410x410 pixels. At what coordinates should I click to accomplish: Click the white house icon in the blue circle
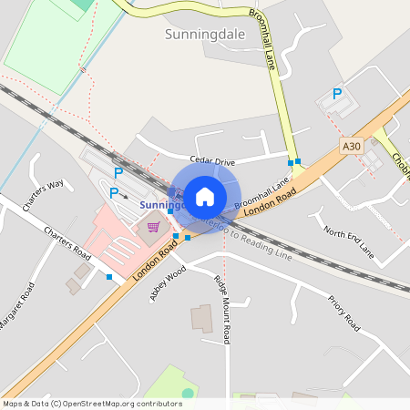pyautogui.click(x=205, y=196)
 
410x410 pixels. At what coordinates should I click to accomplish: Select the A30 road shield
pyautogui.click(x=352, y=146)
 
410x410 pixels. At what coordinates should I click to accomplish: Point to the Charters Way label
pyautogui.click(x=43, y=195)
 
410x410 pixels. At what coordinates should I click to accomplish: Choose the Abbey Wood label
pyautogui.click(x=169, y=282)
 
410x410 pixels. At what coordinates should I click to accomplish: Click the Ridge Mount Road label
pyautogui.click(x=221, y=309)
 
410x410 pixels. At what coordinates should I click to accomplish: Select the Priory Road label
pyautogui.click(x=344, y=313)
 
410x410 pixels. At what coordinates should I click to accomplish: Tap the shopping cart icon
pyautogui.click(x=154, y=227)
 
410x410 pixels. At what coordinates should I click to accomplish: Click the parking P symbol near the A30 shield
pyautogui.click(x=337, y=94)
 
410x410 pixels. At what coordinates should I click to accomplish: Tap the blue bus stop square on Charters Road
pyautogui.click(x=109, y=277)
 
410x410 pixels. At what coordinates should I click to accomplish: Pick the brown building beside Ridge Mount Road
pyautogui.click(x=201, y=319)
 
